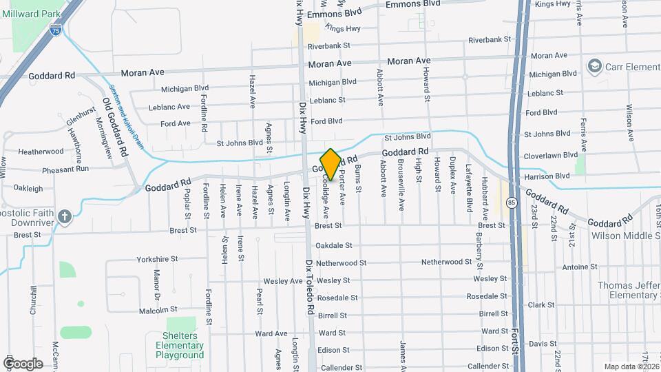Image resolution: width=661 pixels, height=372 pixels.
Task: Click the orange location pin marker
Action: pos(330,165)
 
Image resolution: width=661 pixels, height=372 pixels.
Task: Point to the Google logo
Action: pos(23,363)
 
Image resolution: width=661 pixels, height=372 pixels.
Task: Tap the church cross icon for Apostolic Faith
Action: pos(65,217)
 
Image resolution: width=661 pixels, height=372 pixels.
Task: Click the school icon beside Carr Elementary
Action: pos(594,65)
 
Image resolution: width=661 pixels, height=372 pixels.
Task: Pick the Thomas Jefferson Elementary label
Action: pos(629,290)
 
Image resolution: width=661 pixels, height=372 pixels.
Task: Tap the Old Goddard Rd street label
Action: pos(116,125)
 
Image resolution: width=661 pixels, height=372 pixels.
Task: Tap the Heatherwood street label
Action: pos(41,152)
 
